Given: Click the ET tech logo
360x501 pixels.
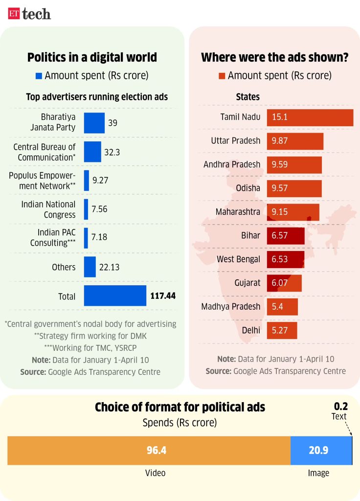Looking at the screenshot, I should pos(29,13).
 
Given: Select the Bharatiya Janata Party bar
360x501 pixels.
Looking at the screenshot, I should pos(94,123).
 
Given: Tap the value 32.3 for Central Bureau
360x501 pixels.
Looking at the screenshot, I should pos(112,152).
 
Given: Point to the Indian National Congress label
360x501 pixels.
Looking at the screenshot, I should pos(48,209).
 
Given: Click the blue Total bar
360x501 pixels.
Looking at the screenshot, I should pos(115,296).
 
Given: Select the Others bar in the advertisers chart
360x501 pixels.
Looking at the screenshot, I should pos(90,267).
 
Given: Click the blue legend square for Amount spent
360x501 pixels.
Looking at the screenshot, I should pos(39,76).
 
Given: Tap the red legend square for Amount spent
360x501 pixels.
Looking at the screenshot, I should pos(222,76).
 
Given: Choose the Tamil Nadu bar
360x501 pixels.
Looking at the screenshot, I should pos(310,117).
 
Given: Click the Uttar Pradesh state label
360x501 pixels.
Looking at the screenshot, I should pos(235,141).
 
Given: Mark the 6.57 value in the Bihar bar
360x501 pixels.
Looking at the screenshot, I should pos(280,236).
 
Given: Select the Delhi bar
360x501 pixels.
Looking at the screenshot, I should pos(282,331).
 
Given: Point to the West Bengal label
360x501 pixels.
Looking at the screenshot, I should pos(238,259).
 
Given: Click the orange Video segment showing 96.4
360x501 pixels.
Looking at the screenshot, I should pos(149,451).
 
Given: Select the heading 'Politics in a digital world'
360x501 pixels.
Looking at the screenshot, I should pos(92,57).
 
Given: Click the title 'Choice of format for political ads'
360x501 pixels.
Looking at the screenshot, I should pos(180,407).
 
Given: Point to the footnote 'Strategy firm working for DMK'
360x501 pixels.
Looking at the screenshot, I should pos(92,336).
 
